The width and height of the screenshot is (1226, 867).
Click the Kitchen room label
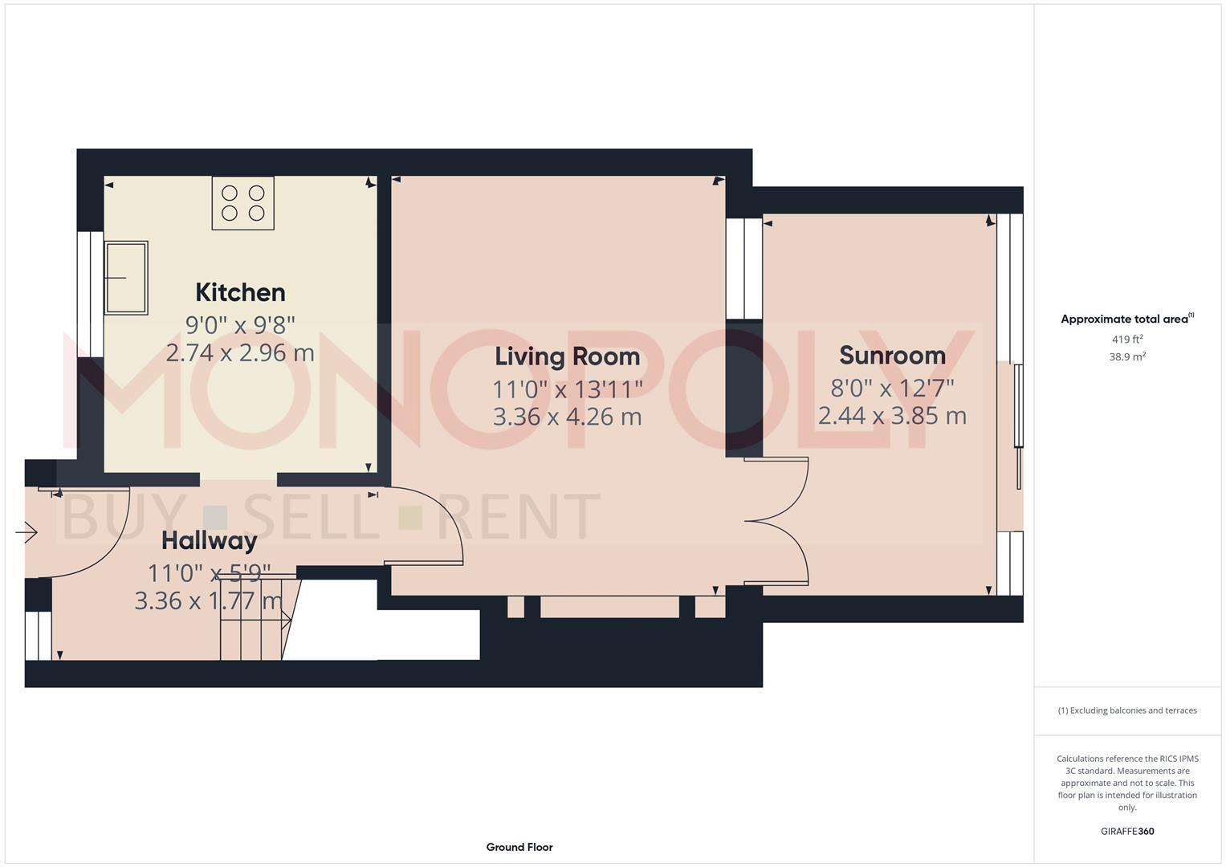click(240, 292)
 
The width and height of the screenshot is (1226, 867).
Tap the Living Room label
click(567, 356)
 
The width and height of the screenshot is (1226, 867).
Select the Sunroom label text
click(892, 355)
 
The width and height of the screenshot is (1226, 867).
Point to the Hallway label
click(209, 540)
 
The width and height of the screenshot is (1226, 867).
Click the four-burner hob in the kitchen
click(243, 203)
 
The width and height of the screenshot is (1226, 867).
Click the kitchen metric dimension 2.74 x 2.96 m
click(240, 352)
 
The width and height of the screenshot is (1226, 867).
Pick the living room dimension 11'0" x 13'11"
click(567, 389)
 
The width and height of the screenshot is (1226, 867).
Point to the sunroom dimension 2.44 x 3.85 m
click(892, 416)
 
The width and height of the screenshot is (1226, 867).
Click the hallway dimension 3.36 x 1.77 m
click(209, 600)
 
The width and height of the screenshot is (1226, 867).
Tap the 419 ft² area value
click(1127, 340)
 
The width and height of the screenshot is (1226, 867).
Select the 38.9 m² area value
click(1127, 357)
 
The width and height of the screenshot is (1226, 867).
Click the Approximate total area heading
click(1126, 319)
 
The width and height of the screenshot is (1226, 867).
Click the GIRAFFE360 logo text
click(1127, 831)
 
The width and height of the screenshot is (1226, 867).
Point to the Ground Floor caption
click(519, 847)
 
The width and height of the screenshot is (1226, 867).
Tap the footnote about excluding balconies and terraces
click(1127, 710)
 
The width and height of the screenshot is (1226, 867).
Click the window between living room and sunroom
click(743, 269)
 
